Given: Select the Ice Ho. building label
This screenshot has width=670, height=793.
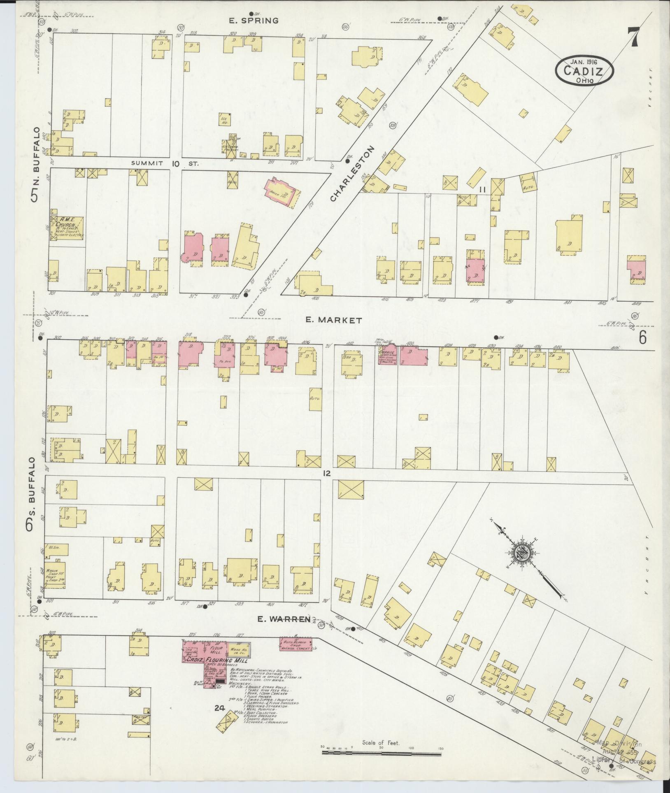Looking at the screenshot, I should (x=225, y=119).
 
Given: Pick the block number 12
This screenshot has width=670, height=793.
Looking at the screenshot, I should (x=327, y=474).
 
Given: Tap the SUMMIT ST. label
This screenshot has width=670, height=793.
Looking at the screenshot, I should (x=165, y=164).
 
